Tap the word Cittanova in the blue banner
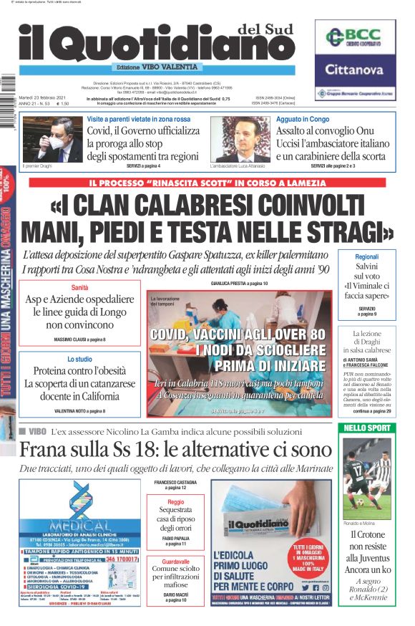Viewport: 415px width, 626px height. click(355, 70)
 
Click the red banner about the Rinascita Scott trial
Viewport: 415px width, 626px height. click(207, 182)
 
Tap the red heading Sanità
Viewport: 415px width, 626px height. click(79, 287)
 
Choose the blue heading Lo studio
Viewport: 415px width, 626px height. click(79, 359)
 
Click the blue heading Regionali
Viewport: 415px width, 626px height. click(367, 256)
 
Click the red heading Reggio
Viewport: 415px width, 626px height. click(175, 503)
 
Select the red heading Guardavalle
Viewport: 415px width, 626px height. click(175, 561)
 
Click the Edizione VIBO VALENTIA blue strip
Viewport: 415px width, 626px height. click(157, 68)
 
